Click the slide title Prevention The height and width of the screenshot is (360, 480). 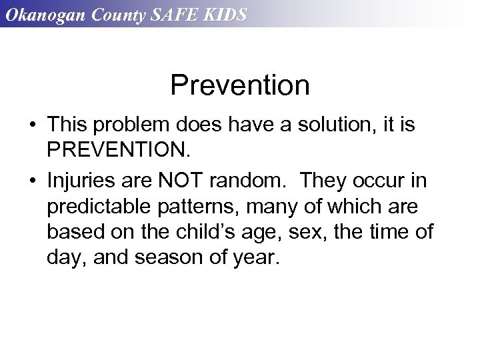[x=239, y=85]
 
